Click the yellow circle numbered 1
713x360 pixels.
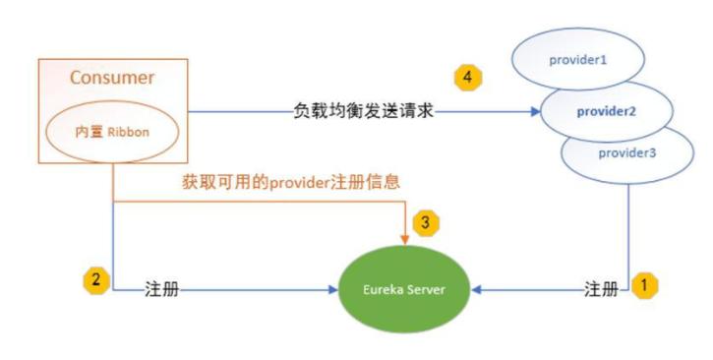tap(644, 286)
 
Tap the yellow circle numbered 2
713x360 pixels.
tap(95, 279)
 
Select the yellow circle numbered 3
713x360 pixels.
tap(425, 222)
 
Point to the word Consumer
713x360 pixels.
tap(112, 77)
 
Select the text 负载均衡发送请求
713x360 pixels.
tap(363, 110)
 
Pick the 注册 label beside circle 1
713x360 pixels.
tap(602, 290)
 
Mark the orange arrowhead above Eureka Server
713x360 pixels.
tap(405, 236)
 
